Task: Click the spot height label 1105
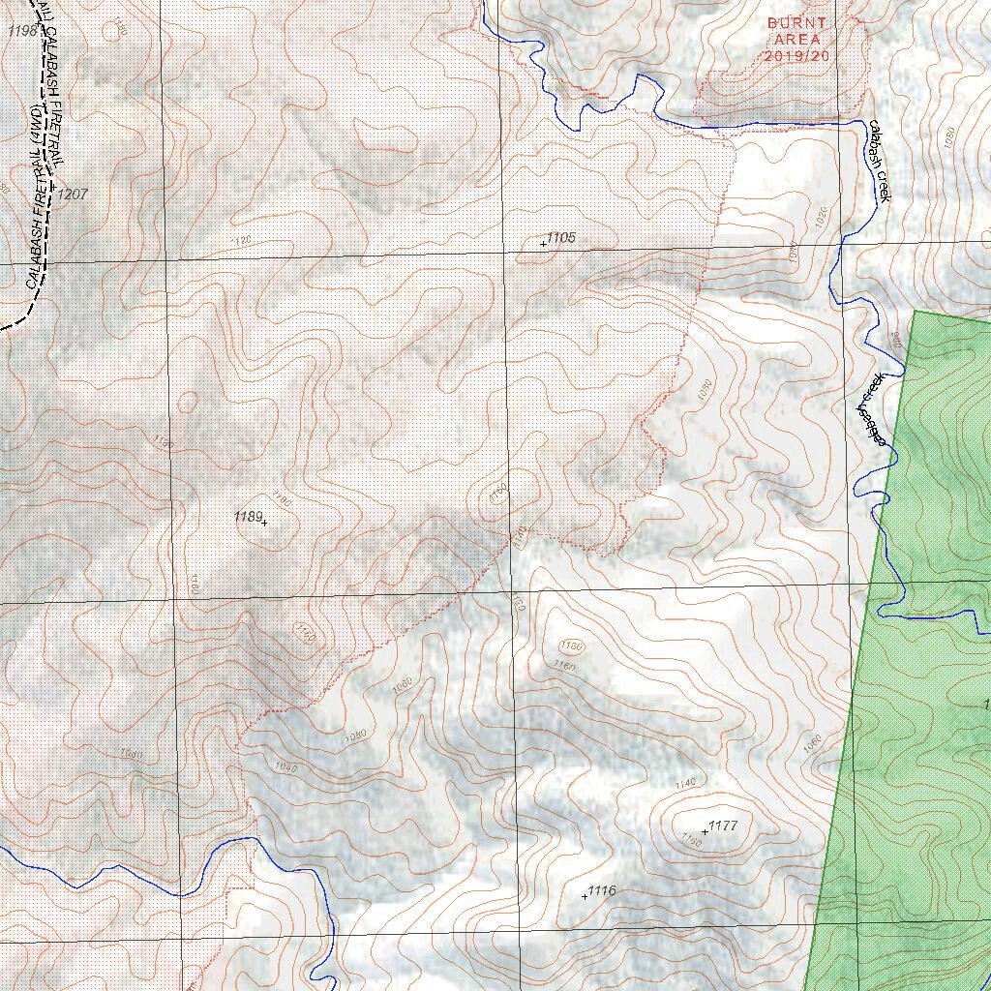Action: click(x=561, y=237)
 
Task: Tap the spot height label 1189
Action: click(x=248, y=517)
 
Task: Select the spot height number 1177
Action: click(x=723, y=826)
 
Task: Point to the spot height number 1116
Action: click(x=602, y=890)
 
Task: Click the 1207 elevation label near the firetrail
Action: click(x=73, y=195)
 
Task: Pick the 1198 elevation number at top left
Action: click(x=21, y=31)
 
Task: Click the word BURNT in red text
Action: click(x=796, y=22)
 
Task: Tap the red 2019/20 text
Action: click(x=796, y=56)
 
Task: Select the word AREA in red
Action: click(x=796, y=40)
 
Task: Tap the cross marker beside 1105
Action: click(x=543, y=244)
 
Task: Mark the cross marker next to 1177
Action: click(x=705, y=832)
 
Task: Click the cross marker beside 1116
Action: click(x=585, y=897)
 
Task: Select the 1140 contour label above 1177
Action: click(x=685, y=783)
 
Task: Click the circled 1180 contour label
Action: click(x=572, y=646)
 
